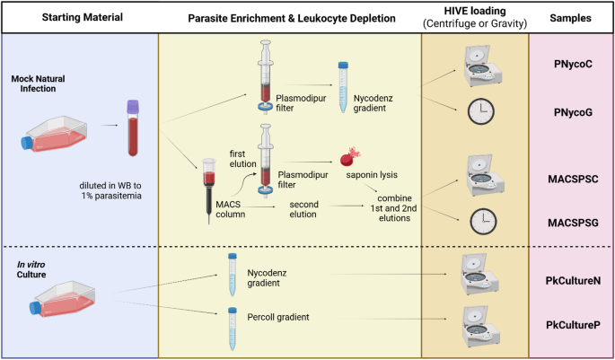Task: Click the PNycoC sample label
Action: [572, 66]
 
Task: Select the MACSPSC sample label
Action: [571, 178]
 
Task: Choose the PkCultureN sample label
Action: [571, 280]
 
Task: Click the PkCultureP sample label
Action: [571, 323]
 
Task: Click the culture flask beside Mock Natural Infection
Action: [52, 134]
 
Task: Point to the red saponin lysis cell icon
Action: [344, 159]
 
